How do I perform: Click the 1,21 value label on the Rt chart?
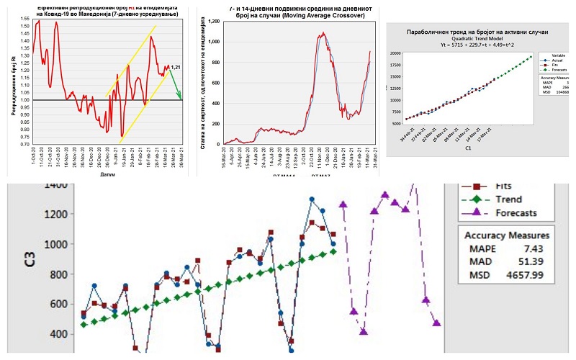point(174,67)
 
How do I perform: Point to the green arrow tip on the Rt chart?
point(181,99)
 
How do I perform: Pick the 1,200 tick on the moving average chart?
point(214,22)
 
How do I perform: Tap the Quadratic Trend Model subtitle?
point(468,40)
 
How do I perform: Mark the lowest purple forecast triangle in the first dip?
point(364,332)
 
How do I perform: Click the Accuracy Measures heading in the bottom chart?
point(507,235)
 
